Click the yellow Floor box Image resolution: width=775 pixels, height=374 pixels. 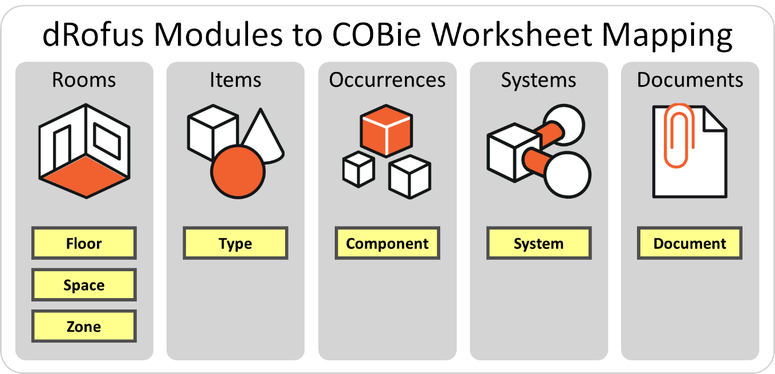[x=84, y=243]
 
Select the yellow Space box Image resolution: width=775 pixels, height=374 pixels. [x=84, y=285]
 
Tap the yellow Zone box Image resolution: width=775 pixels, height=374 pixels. [x=84, y=327]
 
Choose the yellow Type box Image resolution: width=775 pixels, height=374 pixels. [x=236, y=243]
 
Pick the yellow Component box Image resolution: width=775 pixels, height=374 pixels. [x=387, y=243]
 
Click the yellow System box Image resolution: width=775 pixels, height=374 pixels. [x=539, y=243]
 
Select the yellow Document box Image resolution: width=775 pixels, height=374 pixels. [x=690, y=243]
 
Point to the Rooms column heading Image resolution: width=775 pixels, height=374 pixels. [x=84, y=80]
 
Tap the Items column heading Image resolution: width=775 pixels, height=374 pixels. [x=236, y=80]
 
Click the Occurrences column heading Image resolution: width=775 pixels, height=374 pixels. [x=387, y=80]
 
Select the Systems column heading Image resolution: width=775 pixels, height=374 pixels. [x=539, y=80]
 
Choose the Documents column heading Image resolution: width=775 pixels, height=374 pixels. [x=690, y=80]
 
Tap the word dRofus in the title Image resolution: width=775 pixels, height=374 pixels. [x=94, y=35]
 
